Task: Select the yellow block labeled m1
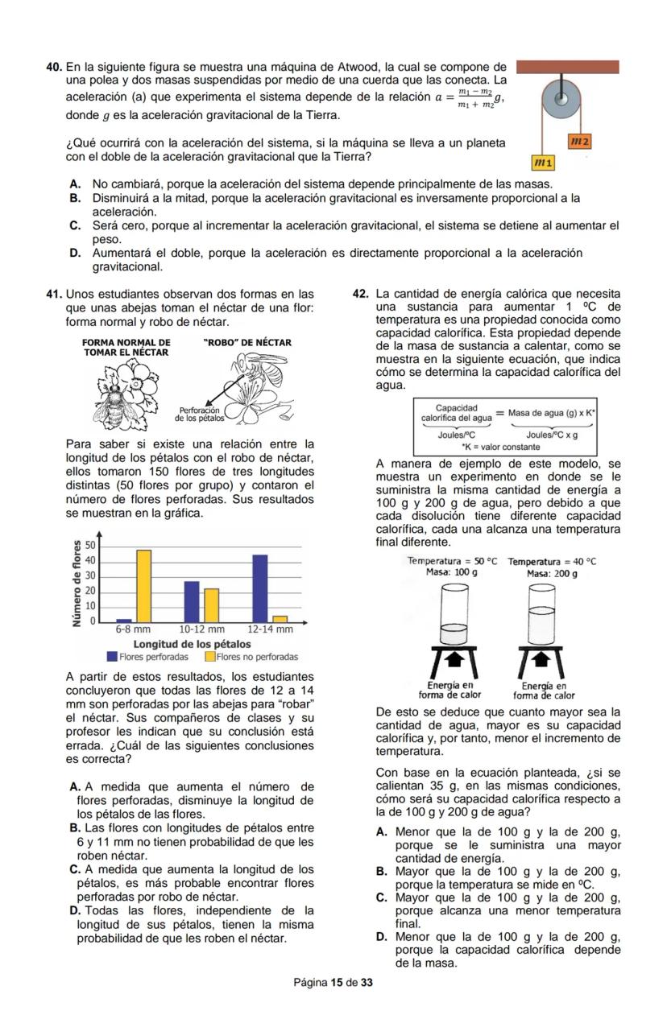545,163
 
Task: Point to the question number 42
362,294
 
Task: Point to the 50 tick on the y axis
90,547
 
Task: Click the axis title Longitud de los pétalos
192,644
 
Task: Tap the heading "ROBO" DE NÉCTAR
248,343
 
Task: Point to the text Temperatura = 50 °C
452,561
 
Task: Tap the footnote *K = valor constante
500,445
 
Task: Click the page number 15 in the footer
336,983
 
